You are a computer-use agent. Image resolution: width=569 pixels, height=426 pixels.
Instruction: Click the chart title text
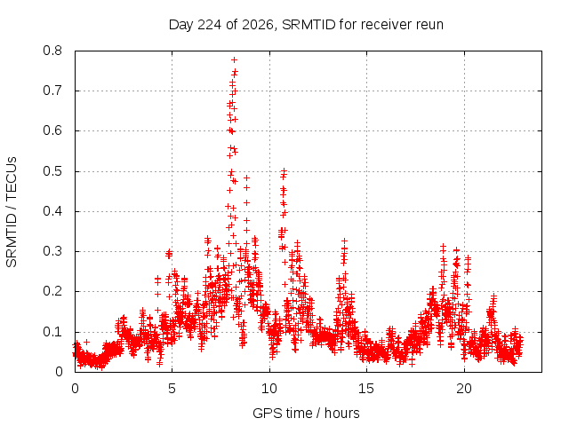click(x=306, y=25)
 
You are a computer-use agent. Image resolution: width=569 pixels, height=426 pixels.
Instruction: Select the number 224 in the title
click(x=210, y=25)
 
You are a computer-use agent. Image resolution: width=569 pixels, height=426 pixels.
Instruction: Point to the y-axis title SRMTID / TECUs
click(x=12, y=212)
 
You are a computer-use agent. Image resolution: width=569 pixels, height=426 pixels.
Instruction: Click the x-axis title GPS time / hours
click(x=306, y=413)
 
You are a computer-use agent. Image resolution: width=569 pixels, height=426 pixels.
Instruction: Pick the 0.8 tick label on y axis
click(x=52, y=51)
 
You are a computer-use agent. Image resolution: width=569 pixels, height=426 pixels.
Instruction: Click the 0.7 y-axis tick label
click(x=52, y=91)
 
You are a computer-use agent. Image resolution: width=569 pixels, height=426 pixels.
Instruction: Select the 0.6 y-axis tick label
click(x=52, y=130)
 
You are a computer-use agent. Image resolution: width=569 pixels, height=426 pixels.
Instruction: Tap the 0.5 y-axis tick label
click(x=52, y=171)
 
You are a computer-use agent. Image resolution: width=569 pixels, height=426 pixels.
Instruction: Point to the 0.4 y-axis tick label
click(x=52, y=211)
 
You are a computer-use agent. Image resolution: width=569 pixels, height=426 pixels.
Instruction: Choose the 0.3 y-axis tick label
click(x=52, y=251)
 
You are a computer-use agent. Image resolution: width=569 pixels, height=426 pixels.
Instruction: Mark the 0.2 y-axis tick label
click(x=52, y=291)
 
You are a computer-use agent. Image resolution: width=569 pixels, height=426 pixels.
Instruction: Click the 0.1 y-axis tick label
click(x=52, y=331)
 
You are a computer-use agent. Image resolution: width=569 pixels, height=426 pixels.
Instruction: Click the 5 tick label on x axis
click(x=172, y=389)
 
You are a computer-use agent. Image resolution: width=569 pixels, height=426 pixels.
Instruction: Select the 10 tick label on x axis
click(x=269, y=389)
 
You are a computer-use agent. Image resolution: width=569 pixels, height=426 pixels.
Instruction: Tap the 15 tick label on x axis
click(x=366, y=389)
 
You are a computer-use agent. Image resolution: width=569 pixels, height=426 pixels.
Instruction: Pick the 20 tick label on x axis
click(x=464, y=389)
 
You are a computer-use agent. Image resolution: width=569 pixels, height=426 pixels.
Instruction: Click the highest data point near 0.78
click(x=234, y=59)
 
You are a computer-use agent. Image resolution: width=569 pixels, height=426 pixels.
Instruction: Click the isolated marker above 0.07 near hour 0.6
click(x=86, y=342)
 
